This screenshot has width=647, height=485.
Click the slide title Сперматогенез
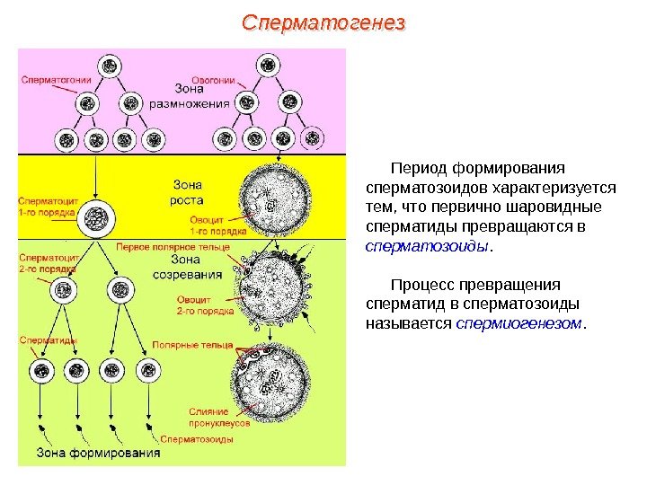(x=323, y=22)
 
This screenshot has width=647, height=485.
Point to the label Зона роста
(x=186, y=192)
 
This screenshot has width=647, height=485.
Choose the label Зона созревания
(x=188, y=267)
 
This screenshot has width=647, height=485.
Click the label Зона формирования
(x=98, y=453)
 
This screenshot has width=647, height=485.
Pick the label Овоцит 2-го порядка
(x=206, y=306)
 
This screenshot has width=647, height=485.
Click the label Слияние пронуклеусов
(x=208, y=417)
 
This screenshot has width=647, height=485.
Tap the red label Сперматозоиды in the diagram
(x=197, y=439)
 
